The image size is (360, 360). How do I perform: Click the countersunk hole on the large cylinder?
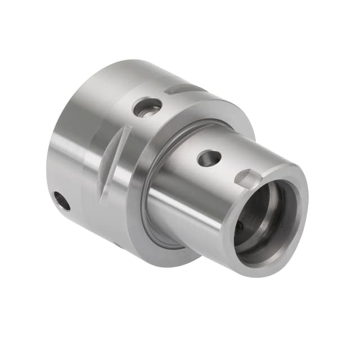pos(147,106)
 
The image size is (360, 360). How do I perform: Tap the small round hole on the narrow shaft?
pos(209,158)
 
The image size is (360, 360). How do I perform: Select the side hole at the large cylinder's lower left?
pos(62,200)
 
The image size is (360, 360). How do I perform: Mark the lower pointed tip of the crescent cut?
pos(102,199)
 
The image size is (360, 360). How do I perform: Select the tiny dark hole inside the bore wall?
pos(240,227)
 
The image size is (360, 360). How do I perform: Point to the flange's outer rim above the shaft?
pos(225,112)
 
